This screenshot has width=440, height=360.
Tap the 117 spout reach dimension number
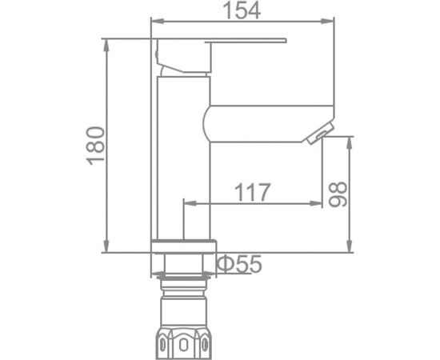point(252,193)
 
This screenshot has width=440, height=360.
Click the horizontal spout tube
point(264,122)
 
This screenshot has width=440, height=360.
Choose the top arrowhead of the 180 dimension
point(107,41)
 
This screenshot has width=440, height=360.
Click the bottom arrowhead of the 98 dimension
point(350,247)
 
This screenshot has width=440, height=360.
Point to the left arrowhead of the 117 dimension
point(189,205)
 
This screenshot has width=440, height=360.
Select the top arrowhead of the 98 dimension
point(350,142)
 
